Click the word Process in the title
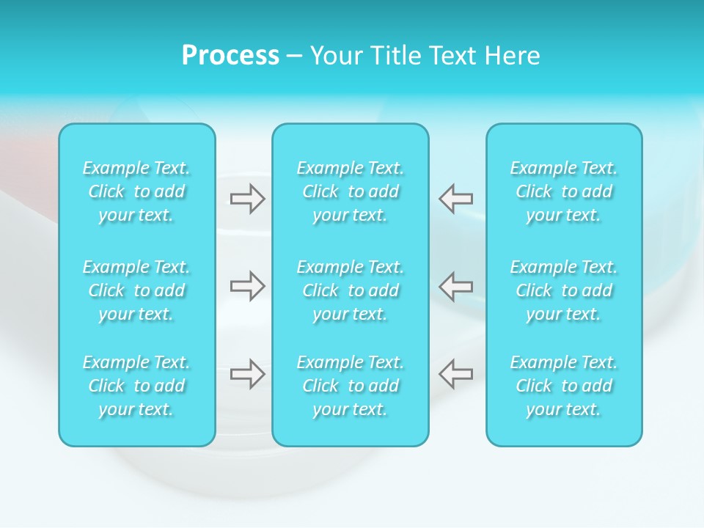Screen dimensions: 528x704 (x=230, y=56)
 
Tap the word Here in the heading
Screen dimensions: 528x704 (x=513, y=56)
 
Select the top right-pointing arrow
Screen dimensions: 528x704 (x=248, y=198)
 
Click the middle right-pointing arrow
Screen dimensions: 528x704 (x=248, y=285)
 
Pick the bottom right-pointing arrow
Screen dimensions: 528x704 (x=248, y=373)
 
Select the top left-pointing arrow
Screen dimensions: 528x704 (x=456, y=198)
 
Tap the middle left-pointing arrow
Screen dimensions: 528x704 (x=456, y=285)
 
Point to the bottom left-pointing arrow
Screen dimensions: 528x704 (x=456, y=373)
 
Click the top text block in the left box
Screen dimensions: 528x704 (x=136, y=191)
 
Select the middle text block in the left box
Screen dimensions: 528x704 (x=136, y=290)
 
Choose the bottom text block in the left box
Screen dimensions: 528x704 (x=136, y=386)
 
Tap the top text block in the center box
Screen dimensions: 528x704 (x=351, y=191)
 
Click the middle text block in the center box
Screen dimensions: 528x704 (x=351, y=290)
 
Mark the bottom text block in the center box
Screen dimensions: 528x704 (x=351, y=386)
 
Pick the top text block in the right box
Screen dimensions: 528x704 (x=564, y=191)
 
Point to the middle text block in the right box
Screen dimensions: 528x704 (x=564, y=290)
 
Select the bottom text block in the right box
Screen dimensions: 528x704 (x=564, y=386)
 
